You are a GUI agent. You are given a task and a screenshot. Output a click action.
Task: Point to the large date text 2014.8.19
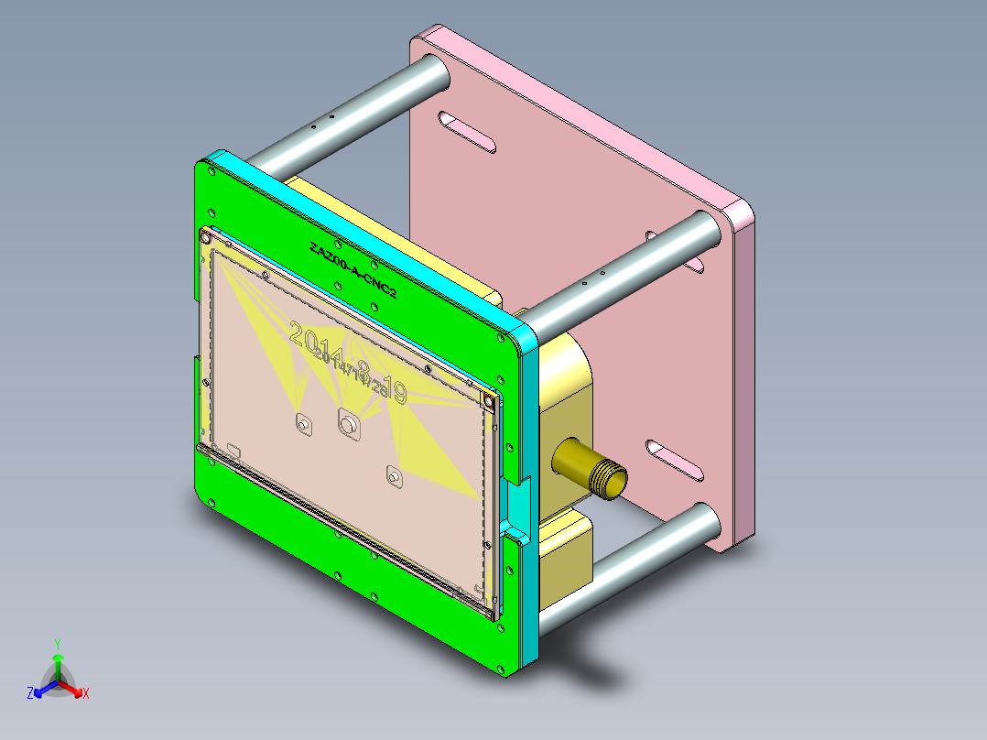(x=348, y=360)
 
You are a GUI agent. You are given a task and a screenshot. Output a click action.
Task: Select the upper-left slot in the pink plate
(x=467, y=131)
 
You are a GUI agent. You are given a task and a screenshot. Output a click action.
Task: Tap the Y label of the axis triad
(x=57, y=644)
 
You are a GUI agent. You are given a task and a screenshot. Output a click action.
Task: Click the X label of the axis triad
(x=85, y=693)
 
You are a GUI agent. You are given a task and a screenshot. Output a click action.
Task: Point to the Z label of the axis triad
(x=30, y=693)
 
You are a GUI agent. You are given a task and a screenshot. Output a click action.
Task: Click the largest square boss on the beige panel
(x=348, y=424)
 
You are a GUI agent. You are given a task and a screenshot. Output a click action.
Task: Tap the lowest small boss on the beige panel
(x=394, y=476)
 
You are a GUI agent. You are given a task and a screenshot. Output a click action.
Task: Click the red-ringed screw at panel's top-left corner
(x=205, y=238)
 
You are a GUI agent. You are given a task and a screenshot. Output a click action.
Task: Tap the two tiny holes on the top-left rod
(x=321, y=121)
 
